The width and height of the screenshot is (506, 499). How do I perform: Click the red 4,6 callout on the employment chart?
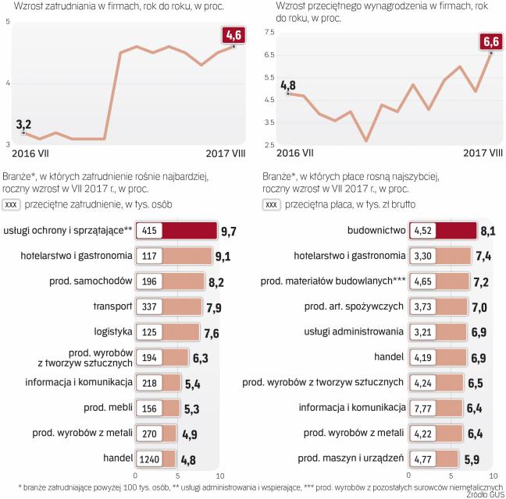[x=233, y=35]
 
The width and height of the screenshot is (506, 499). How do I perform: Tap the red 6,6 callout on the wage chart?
[x=490, y=41]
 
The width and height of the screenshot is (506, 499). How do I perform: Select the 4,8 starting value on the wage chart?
[x=288, y=85]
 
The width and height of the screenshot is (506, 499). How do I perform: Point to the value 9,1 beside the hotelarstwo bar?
[x=223, y=256]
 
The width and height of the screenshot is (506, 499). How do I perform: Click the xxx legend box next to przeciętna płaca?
[x=272, y=204]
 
